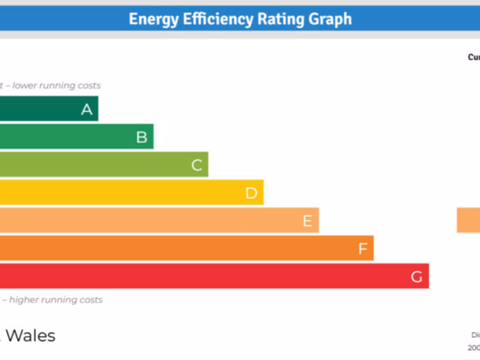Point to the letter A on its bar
[x=87, y=109]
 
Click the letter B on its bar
[x=142, y=137]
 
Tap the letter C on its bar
[x=197, y=165]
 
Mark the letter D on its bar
[x=252, y=193]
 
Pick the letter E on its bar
[x=307, y=221]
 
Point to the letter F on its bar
[x=363, y=249]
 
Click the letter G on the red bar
[x=417, y=277]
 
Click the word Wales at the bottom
[x=31, y=336]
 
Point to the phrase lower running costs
[x=57, y=86]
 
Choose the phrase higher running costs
[x=56, y=300]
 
